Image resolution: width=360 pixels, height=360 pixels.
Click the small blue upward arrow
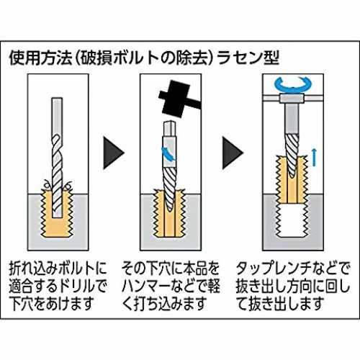pos(313,157)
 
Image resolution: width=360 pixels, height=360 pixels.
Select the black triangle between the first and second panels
pos(114,153)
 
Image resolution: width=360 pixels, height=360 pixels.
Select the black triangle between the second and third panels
pos(233,153)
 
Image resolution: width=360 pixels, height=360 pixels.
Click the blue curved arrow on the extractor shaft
pos(168,153)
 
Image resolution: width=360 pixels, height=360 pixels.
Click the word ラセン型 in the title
pos(248,58)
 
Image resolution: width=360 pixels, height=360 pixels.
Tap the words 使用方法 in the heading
pos(41,58)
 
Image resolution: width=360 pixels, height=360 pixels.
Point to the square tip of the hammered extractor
pos(170,129)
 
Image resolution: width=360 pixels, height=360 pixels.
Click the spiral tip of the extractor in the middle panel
pos(170,189)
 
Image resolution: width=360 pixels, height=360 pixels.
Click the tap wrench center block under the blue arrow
pos(292,99)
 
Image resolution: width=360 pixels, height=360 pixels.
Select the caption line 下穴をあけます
pos(51,303)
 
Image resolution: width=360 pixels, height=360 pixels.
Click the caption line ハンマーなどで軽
pos(171,286)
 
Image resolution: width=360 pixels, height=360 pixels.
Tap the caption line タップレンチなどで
pos(292,269)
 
